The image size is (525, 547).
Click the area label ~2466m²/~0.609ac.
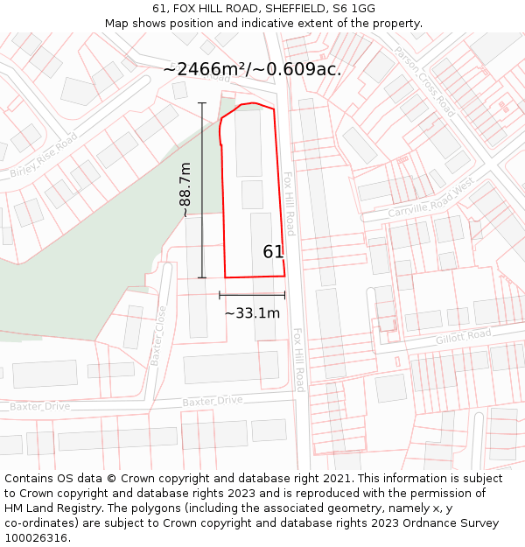pyautogui.click(x=252, y=69)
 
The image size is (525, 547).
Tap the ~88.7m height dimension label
pyautogui.click(x=185, y=190)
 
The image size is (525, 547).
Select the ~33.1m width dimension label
pyautogui.click(x=252, y=312)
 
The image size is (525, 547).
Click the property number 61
pyautogui.click(x=273, y=252)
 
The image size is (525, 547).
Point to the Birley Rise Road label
pyautogui.click(x=44, y=156)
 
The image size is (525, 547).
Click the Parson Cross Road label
pyautogui.click(x=424, y=82)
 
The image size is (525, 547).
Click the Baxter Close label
pyautogui.click(x=158, y=334)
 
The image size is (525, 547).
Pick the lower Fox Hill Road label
pyautogui.click(x=298, y=360)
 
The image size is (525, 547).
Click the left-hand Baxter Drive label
pyautogui.click(x=39, y=406)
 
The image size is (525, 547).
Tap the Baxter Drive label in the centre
pyautogui.click(x=213, y=400)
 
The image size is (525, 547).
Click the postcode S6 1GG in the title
pyautogui.click(x=354, y=9)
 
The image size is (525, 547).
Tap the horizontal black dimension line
pyautogui.click(x=252, y=295)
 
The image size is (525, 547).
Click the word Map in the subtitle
pyautogui.click(x=118, y=23)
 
